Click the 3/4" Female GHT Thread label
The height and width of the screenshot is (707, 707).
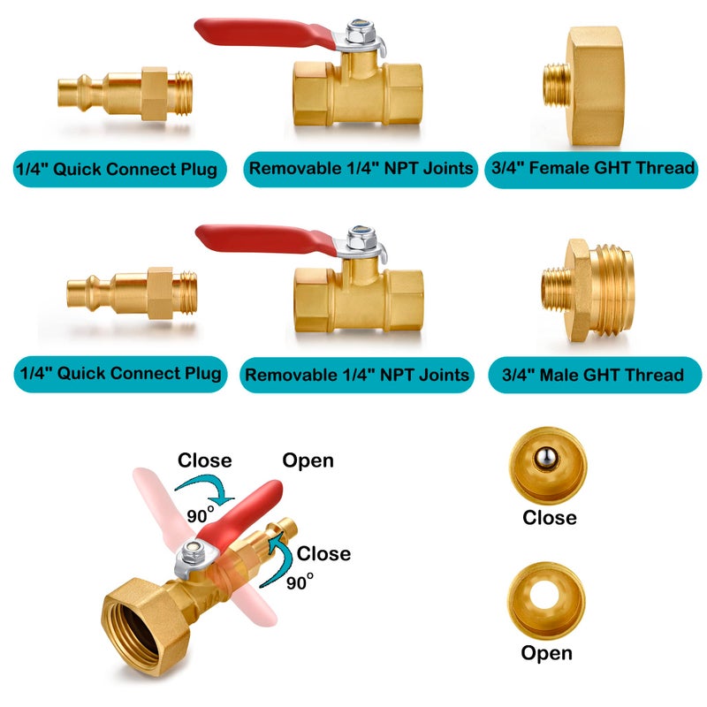click(591, 169)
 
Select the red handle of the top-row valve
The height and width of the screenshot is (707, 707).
click(265, 33)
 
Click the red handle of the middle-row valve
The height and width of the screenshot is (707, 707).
click(266, 239)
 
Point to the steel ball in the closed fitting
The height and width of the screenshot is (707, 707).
click(546, 459)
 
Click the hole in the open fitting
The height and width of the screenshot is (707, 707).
click(545, 595)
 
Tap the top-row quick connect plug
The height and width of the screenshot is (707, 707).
click(125, 95)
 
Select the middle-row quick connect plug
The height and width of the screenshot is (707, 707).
click(132, 293)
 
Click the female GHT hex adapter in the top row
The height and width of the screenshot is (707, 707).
click(584, 86)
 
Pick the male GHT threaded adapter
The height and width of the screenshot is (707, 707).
click(588, 291)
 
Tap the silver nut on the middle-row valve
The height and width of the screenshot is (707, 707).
click(361, 238)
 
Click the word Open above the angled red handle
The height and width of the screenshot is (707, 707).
click(308, 460)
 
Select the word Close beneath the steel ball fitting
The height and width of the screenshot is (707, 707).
click(549, 518)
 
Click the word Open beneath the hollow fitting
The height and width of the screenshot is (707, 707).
click(546, 653)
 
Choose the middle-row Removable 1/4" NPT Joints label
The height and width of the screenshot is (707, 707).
click(357, 375)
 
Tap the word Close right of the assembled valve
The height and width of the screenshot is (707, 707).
click(323, 554)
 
